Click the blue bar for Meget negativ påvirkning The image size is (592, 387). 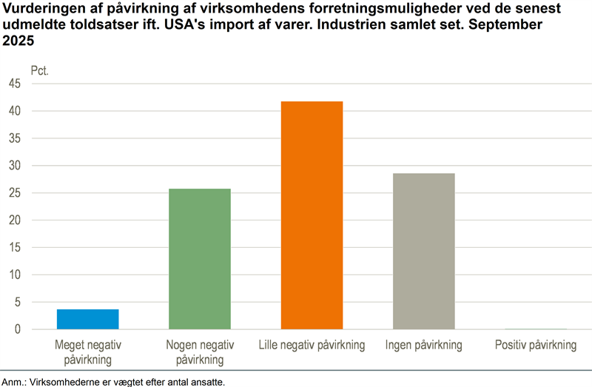tap(88, 319)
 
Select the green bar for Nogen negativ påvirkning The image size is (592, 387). tap(200, 259)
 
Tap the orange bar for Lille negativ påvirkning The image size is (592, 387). tap(312, 215)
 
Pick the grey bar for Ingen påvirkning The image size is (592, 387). tap(423, 252)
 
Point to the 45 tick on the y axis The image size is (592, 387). tap(16, 84)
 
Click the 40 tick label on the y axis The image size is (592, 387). tap(16, 111)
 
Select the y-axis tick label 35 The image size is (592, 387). tap(16, 138)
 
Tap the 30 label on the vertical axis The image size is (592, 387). tap(16, 166)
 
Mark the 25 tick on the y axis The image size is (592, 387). tap(16, 193)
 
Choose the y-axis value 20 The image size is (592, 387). tap(16, 221)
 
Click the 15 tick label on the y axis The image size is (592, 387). tap(16, 248)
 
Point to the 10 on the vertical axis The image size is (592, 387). tap(16, 275)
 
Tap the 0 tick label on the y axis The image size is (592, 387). tap(18, 329)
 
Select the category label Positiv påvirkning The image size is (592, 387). tap(535, 346)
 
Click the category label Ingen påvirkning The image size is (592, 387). tap(423, 346)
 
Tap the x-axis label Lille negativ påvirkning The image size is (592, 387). tap(312, 346)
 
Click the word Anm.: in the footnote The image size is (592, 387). tap(13, 382)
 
